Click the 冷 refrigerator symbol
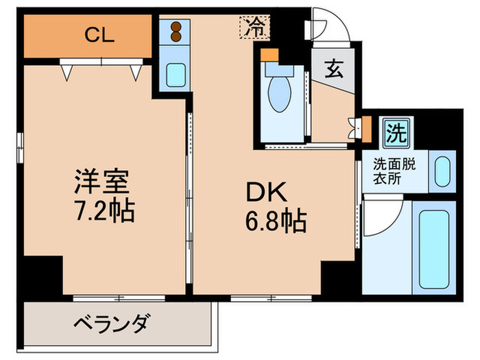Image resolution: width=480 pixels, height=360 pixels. click(254, 28)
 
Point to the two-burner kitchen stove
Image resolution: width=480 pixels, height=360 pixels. click(176, 32)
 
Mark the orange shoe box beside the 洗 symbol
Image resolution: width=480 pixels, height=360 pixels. click(366, 128)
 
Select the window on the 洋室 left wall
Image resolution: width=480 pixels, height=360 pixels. click(21, 145)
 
